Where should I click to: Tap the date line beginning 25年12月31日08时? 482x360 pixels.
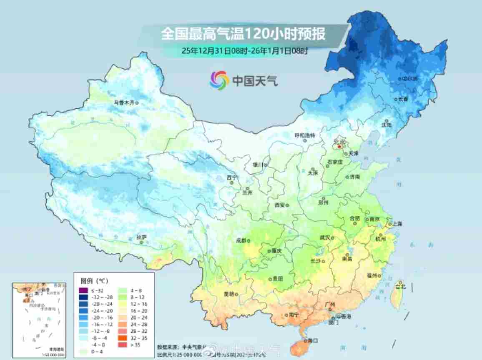[x=245, y=51]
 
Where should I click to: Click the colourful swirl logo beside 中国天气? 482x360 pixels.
[x=219, y=80]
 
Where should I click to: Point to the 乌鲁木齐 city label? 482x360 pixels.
[x=124, y=102]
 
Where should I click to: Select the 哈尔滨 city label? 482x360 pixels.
[x=409, y=78]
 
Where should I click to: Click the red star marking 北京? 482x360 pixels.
[x=340, y=147]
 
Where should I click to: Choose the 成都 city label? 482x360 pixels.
[x=241, y=241]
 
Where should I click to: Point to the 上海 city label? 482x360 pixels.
[x=397, y=224]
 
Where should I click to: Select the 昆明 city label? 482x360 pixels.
[x=229, y=293]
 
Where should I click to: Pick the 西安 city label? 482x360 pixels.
[x=279, y=205]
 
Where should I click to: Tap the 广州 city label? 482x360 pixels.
[x=329, y=305]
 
